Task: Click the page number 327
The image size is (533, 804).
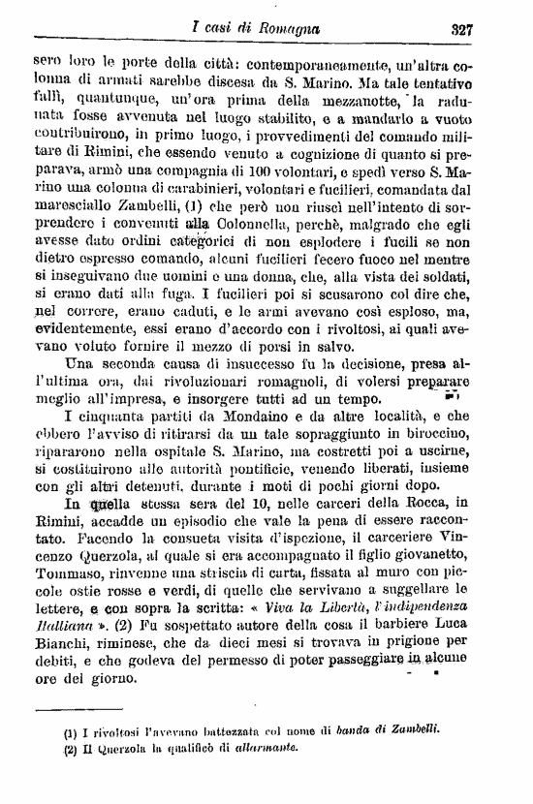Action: pos(460,29)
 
